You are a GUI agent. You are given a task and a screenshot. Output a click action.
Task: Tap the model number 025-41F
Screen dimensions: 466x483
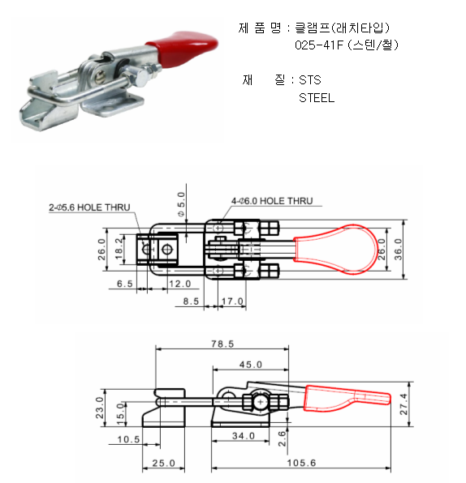pos(319,45)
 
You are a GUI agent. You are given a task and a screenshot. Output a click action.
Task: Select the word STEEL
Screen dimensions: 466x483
pos(317,98)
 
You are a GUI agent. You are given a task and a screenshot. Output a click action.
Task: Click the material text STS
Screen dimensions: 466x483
pos(310,80)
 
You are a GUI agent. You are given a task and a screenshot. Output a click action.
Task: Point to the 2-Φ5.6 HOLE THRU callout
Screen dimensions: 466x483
pos(89,207)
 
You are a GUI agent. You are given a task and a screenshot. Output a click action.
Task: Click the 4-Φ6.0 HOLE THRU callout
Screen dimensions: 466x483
pos(272,201)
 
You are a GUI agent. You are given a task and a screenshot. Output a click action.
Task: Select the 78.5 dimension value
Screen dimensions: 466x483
pos(222,344)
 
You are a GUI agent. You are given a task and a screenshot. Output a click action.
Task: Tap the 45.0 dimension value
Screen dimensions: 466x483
pos(251,365)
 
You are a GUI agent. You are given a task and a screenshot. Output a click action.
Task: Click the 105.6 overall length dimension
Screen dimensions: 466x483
pos(301,463)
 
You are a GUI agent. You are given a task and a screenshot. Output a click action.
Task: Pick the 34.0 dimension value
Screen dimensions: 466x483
pos(244,436)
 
